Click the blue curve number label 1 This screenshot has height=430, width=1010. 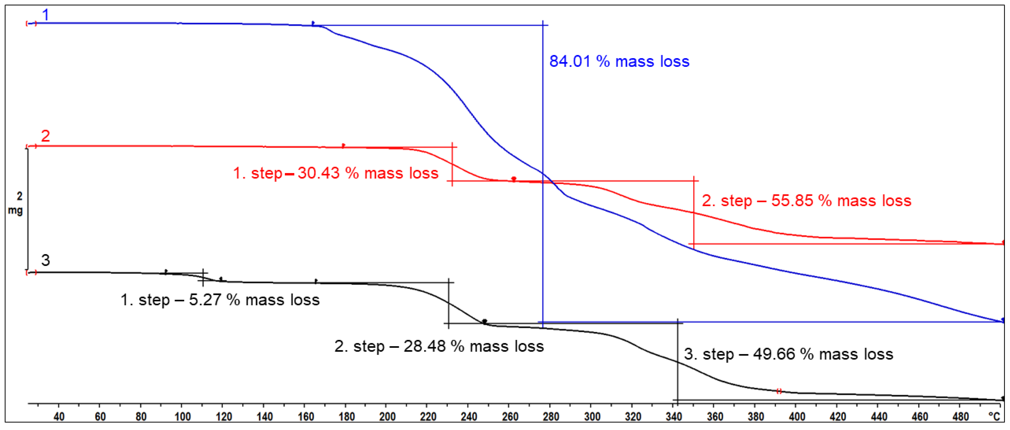coord(46,15)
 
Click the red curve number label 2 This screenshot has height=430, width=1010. coord(46,136)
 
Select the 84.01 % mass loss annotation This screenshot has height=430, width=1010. coord(619,61)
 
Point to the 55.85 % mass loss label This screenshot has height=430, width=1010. coord(806,201)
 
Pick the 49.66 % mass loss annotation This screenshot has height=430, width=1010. coord(788,354)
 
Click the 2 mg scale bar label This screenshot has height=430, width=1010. coord(16,203)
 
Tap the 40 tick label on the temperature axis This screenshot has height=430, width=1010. coord(59,417)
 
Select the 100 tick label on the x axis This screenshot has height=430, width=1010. coord(182,417)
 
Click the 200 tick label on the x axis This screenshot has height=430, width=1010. coord(387,417)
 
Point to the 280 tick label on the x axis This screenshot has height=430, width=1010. coord(551,417)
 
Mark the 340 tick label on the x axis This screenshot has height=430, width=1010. coord(674,417)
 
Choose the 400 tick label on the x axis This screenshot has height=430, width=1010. coord(797,417)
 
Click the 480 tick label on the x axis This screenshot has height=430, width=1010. coord(961,417)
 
